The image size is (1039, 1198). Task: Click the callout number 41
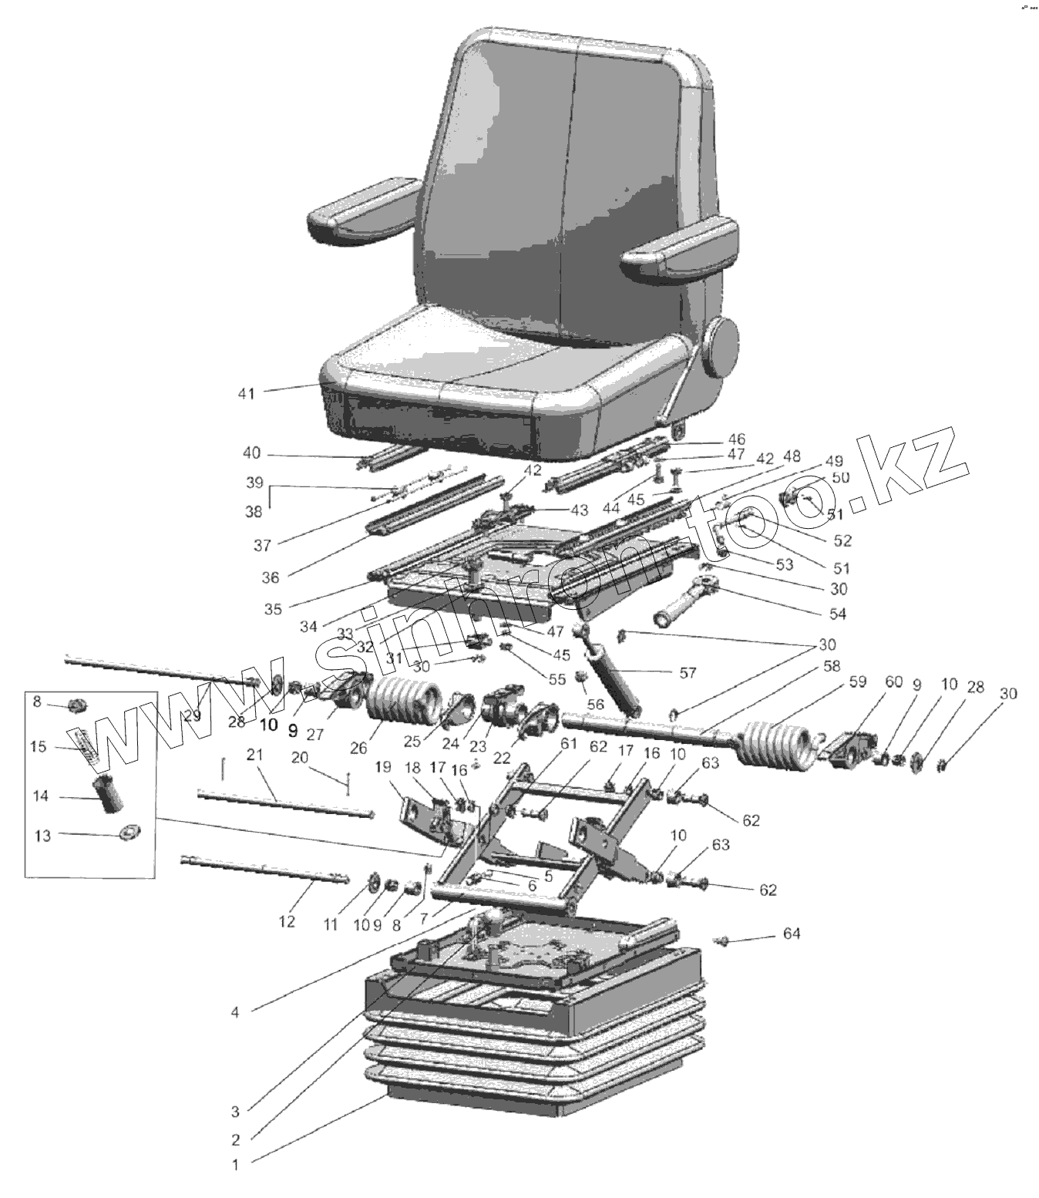(x=245, y=394)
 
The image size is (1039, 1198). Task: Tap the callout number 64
(x=792, y=934)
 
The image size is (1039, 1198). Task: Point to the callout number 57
(x=688, y=672)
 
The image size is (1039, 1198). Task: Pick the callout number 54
(x=837, y=614)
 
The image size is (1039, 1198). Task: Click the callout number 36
(x=271, y=577)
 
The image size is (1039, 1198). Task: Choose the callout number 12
(x=287, y=921)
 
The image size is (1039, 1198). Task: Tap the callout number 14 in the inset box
(x=41, y=796)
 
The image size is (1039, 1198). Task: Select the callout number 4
(x=235, y=1012)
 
